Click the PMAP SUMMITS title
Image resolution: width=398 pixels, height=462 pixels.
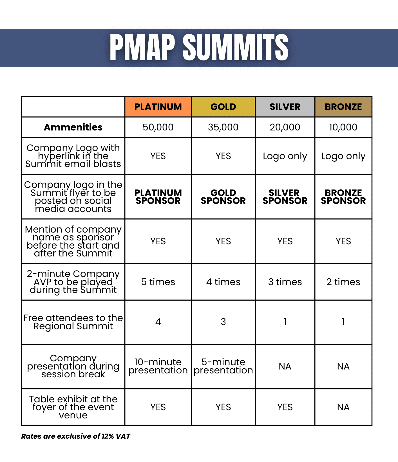pos(199,48)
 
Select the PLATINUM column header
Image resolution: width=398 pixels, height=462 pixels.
pos(158,107)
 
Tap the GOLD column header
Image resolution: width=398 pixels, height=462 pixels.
pos(223,107)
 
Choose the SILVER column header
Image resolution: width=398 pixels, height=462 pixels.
pos(285,107)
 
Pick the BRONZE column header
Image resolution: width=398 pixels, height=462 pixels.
pos(343,107)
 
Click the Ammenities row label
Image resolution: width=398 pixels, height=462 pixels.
pos(73,127)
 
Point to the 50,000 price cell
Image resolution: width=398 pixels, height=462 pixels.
pos(158,127)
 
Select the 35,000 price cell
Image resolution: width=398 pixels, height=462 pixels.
pos(223,127)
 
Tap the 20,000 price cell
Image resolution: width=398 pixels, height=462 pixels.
pos(285,127)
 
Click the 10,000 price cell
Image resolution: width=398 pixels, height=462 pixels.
pos(343,127)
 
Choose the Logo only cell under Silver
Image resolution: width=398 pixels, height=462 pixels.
pos(285,156)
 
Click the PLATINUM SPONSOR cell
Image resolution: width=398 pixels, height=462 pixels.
pos(158,197)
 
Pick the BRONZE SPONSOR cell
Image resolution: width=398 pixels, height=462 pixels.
pos(343,197)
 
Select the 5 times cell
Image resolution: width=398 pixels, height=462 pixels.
pos(158,282)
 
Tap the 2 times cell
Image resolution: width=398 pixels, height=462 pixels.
pos(343,282)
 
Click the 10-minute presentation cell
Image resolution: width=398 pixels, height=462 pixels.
pos(158,366)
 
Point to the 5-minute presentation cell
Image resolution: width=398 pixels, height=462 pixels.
pos(223,366)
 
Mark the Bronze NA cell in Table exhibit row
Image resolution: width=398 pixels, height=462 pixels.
pos(343,407)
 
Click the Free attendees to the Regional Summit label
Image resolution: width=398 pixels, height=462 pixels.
pos(73,322)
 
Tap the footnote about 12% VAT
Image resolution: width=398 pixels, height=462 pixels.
pos(75,436)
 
